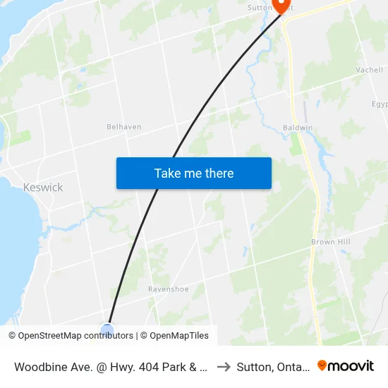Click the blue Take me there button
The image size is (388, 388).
(x=193, y=173)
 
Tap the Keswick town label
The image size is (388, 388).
(x=43, y=188)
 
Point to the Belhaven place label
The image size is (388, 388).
(x=123, y=127)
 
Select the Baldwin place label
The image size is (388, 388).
(x=297, y=127)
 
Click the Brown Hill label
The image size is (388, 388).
(x=332, y=242)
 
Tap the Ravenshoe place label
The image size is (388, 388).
(x=169, y=289)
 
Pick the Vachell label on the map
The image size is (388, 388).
(x=369, y=71)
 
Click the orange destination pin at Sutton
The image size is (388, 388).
(x=283, y=6)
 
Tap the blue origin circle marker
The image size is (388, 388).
(x=107, y=330)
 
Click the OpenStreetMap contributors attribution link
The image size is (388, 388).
(x=75, y=336)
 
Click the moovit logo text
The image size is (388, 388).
(x=351, y=365)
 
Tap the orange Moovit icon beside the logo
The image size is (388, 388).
(x=322, y=365)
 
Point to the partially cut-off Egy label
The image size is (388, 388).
(x=380, y=104)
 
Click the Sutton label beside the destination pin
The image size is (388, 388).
(x=260, y=8)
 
